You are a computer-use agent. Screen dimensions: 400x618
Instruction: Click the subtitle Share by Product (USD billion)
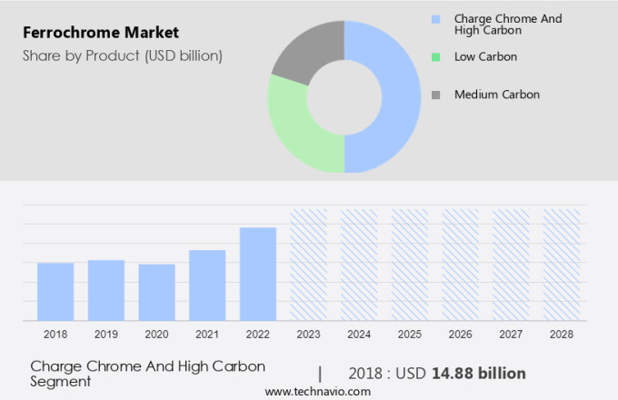(123, 55)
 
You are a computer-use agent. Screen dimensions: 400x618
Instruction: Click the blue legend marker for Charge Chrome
(436, 18)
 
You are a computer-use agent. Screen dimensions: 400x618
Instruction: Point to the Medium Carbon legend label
(496, 95)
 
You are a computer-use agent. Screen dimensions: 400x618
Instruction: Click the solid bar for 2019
(106, 290)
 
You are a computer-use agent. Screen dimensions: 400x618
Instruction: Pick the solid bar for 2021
(207, 285)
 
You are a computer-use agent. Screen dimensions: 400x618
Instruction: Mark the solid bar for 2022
(258, 274)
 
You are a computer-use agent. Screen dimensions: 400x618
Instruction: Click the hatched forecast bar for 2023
(308, 265)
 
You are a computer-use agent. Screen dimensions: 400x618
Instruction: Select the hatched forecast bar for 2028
(561, 265)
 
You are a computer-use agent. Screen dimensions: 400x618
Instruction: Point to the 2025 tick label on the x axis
(410, 335)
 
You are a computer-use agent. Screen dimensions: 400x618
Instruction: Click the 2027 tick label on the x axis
(511, 335)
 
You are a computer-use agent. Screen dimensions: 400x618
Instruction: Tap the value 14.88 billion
(478, 374)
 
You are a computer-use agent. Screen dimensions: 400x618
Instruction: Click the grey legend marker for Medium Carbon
(436, 95)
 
